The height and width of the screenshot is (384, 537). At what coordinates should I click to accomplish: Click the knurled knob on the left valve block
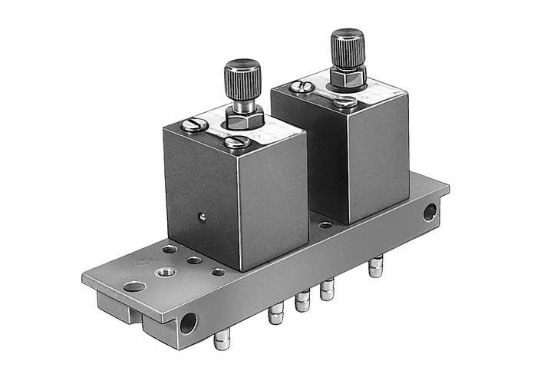[242, 79]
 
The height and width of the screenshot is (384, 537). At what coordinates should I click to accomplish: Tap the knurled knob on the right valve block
[347, 48]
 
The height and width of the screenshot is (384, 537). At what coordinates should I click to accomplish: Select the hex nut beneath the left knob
[243, 120]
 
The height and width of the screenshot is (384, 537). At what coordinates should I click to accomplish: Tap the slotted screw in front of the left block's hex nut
[238, 141]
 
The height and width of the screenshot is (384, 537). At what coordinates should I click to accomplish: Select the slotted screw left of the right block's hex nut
[302, 87]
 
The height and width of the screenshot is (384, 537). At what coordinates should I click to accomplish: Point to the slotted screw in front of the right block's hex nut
[345, 101]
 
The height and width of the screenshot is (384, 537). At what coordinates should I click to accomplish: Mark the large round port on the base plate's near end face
[187, 323]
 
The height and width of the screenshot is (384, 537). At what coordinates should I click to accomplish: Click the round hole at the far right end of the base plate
[430, 211]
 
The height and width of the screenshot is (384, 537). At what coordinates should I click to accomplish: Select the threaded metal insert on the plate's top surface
[164, 272]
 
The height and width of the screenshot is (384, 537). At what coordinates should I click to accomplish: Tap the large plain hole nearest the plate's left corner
[134, 286]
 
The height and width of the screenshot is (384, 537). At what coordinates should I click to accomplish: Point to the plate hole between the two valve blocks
[325, 225]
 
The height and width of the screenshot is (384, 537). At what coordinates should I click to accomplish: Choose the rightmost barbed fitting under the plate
[375, 266]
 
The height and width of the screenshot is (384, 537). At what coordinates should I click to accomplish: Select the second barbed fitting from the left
[275, 314]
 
